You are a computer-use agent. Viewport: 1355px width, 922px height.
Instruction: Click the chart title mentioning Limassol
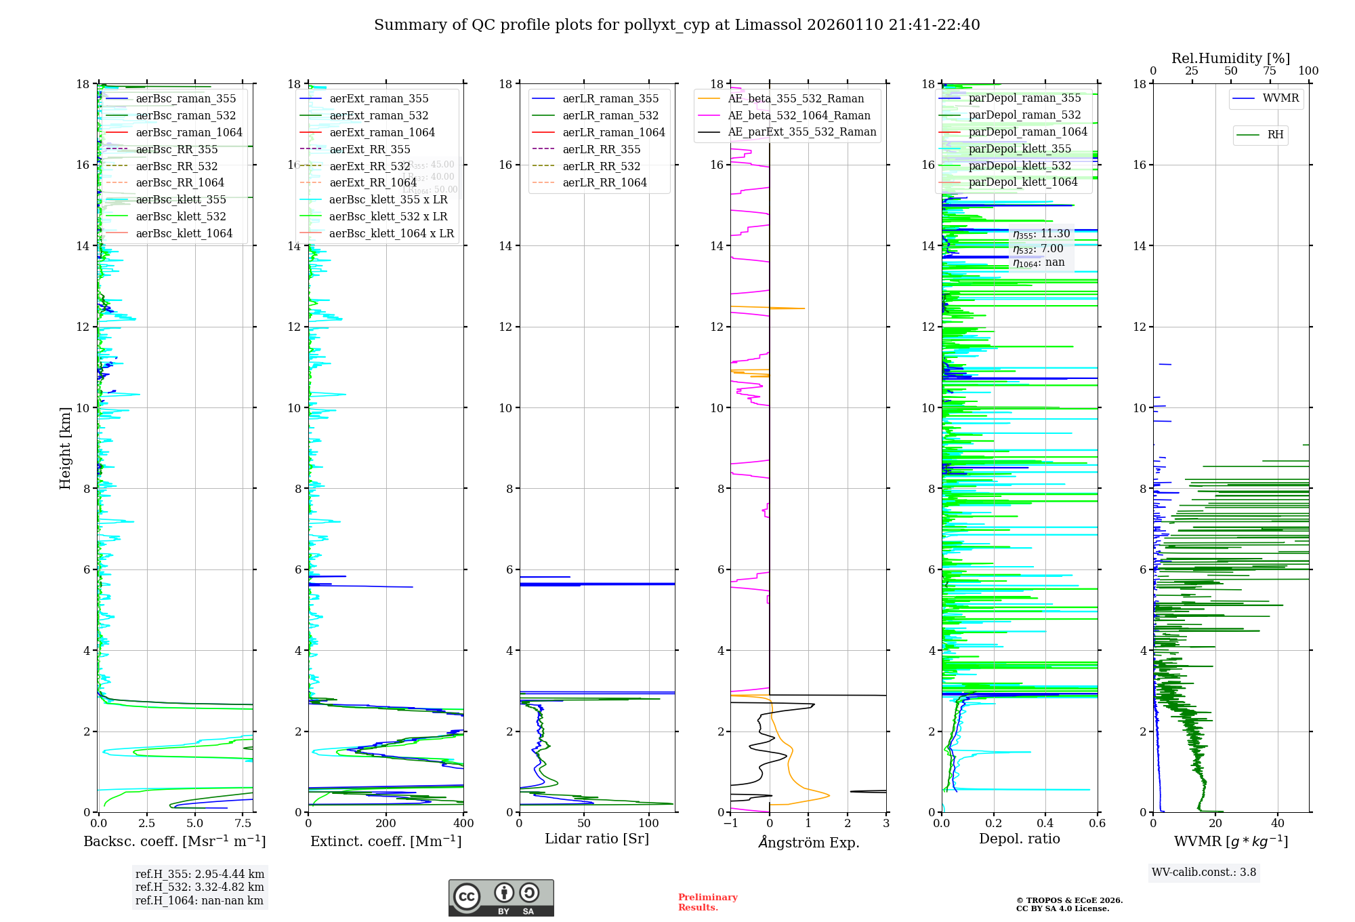point(677,25)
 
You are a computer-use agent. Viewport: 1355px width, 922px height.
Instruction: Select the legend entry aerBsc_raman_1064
point(188,132)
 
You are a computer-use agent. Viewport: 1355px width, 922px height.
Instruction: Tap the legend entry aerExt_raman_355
point(379,99)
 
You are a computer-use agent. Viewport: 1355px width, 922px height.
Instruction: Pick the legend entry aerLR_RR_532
point(601,166)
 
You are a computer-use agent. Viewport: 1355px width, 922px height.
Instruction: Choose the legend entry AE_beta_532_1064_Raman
point(799,116)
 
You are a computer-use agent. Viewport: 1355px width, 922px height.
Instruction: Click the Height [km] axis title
point(65,447)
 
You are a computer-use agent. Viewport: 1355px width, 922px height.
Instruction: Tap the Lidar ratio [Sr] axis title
point(597,839)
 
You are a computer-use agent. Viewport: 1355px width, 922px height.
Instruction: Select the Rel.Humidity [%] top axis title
point(1230,58)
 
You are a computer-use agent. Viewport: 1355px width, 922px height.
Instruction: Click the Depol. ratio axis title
point(1019,839)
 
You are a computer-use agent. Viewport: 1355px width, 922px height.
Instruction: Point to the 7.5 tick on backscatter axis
point(243,824)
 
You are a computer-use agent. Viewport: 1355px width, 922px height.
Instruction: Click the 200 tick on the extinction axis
point(386,824)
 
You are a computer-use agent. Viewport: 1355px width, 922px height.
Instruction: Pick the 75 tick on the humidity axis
point(1270,71)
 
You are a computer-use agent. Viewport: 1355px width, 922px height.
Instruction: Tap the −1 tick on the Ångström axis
point(730,824)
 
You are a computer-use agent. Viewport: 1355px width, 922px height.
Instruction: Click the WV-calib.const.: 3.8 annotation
point(1204,873)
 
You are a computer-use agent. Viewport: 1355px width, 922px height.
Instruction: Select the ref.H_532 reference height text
point(200,887)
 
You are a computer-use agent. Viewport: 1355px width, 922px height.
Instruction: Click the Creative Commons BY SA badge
point(501,898)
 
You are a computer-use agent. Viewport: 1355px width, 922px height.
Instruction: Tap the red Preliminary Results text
point(707,902)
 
